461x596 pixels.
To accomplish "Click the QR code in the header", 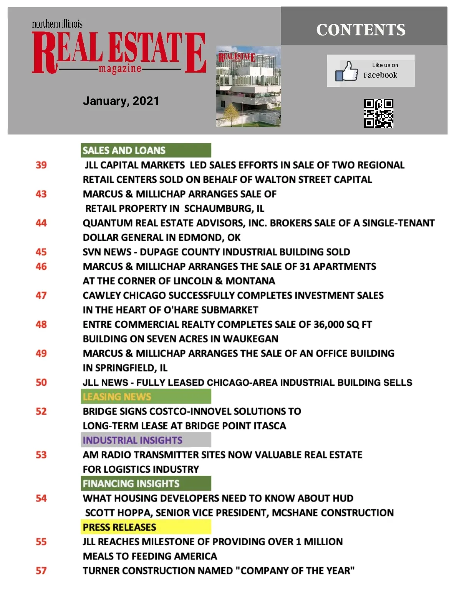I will click(x=378, y=113).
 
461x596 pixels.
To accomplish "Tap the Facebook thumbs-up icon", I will click(x=346, y=71).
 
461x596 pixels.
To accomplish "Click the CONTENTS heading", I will click(x=361, y=30).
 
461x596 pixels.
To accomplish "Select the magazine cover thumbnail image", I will click(x=248, y=86).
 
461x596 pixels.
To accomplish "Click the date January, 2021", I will click(x=121, y=101).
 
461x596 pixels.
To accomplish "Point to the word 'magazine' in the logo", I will click(x=120, y=69).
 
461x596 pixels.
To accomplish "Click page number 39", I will click(x=41, y=165).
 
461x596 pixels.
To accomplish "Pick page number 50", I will click(x=41, y=382).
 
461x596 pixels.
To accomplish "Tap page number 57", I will click(x=41, y=571).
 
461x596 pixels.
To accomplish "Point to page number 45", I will click(x=41, y=252).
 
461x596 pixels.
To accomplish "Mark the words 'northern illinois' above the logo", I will click(x=57, y=24).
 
